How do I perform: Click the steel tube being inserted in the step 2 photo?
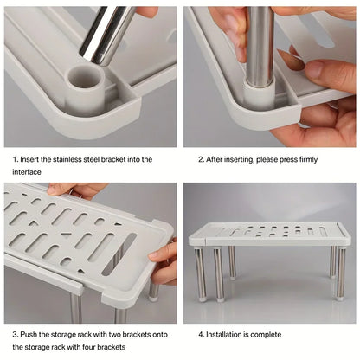click(260, 43)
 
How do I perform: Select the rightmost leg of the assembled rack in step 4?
click(340, 273)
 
